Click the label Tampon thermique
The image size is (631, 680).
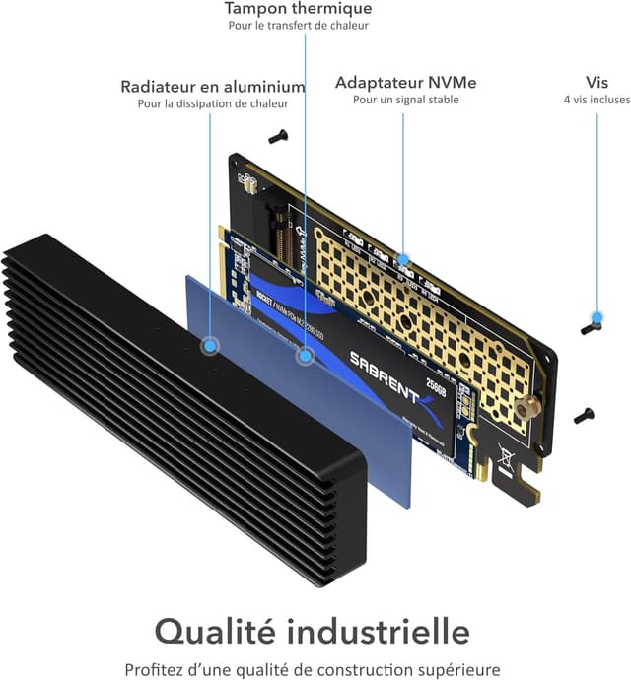[298, 9]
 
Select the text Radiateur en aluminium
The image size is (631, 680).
[213, 87]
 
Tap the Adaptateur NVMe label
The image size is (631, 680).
[406, 83]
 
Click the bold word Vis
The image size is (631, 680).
[596, 83]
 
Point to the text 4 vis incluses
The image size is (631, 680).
[596, 100]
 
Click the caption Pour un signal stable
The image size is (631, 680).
[406, 100]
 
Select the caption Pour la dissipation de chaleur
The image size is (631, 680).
[213, 103]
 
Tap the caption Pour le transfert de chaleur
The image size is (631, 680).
[298, 26]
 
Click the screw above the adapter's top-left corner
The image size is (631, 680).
[278, 137]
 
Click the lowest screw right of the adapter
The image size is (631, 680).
[584, 415]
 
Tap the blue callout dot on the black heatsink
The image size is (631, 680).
[210, 346]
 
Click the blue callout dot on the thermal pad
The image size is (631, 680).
[306, 356]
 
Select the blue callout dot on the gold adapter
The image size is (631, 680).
[402, 260]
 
